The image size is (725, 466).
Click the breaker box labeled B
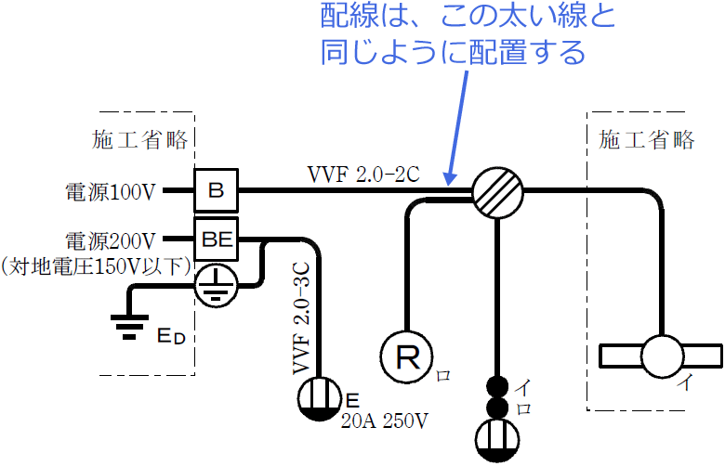(x=217, y=191)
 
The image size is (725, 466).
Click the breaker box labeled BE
(x=217, y=239)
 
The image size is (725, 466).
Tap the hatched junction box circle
(x=497, y=192)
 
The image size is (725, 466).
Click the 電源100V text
(x=110, y=192)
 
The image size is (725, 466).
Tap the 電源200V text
(x=110, y=239)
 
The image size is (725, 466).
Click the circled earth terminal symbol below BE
(x=216, y=287)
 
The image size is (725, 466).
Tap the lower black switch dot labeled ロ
(x=498, y=408)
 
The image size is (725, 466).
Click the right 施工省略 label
(x=648, y=140)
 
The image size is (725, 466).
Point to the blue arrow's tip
(x=449, y=182)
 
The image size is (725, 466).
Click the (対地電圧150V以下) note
(x=97, y=265)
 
